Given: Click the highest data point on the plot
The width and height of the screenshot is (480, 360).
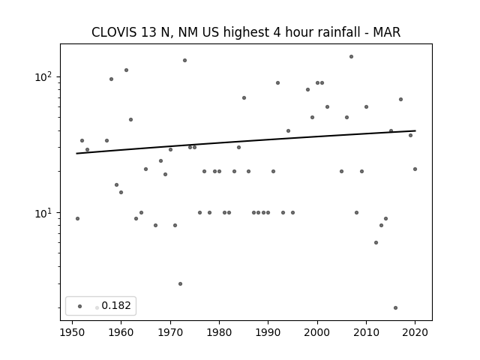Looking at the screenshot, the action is [x=351, y=57].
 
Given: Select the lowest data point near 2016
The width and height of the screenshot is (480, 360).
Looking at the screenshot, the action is [x=395, y=307].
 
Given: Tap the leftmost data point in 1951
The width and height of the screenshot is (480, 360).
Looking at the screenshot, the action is [x=77, y=218].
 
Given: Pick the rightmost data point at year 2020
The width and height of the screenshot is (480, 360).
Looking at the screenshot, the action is [x=415, y=169].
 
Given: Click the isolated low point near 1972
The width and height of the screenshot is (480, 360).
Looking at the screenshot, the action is [x=180, y=283].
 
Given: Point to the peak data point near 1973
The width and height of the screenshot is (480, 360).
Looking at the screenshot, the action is [x=185, y=60].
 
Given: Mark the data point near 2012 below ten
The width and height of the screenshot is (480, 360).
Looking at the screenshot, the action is [x=376, y=242].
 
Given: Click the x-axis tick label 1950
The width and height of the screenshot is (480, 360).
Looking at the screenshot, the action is [x=73, y=332].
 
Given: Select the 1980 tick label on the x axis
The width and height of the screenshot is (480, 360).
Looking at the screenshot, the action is [x=219, y=332].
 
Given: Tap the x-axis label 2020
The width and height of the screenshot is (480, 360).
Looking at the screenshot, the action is [x=415, y=332].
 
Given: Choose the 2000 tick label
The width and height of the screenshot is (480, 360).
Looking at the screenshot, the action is [x=317, y=332].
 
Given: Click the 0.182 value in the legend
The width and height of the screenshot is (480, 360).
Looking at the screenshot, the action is [x=116, y=305].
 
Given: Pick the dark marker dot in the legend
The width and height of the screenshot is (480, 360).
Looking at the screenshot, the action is [x=80, y=306].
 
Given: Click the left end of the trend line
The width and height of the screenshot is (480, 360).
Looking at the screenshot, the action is [x=76, y=153].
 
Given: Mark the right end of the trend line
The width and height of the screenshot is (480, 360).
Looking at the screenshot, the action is [x=415, y=130].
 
